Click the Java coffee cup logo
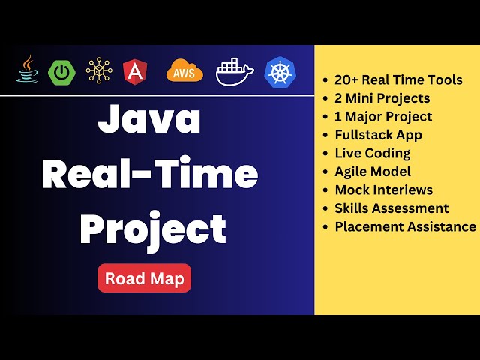(28, 70)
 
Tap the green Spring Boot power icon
(61, 71)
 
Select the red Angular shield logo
(135, 71)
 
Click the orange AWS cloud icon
(184, 70)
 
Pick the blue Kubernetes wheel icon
(280, 71)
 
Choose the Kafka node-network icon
(99, 70)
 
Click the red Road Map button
(145, 278)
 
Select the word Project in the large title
(154, 227)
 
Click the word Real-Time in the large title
(150, 175)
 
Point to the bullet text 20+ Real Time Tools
(398, 79)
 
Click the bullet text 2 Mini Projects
(382, 98)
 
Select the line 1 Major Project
(383, 116)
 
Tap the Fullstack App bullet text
(378, 135)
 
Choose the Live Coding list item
(372, 153)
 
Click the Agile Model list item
(373, 172)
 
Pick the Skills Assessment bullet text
(391, 208)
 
